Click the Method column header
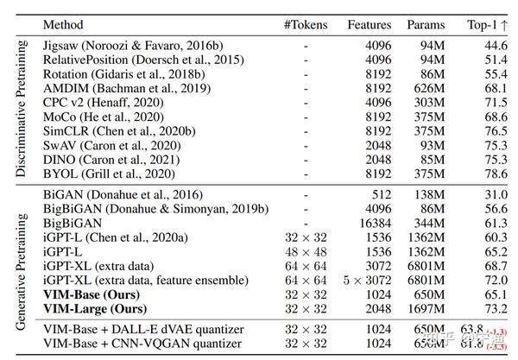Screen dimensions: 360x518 tap(62, 26)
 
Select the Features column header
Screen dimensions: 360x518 tap(370, 26)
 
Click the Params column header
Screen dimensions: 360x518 tap(426, 26)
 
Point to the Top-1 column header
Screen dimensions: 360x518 tap(490, 26)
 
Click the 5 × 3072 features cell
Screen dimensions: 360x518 tap(367, 280)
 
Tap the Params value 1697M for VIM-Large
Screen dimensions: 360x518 tap(425, 309)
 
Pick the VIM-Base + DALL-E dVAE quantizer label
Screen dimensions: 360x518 tap(142, 328)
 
